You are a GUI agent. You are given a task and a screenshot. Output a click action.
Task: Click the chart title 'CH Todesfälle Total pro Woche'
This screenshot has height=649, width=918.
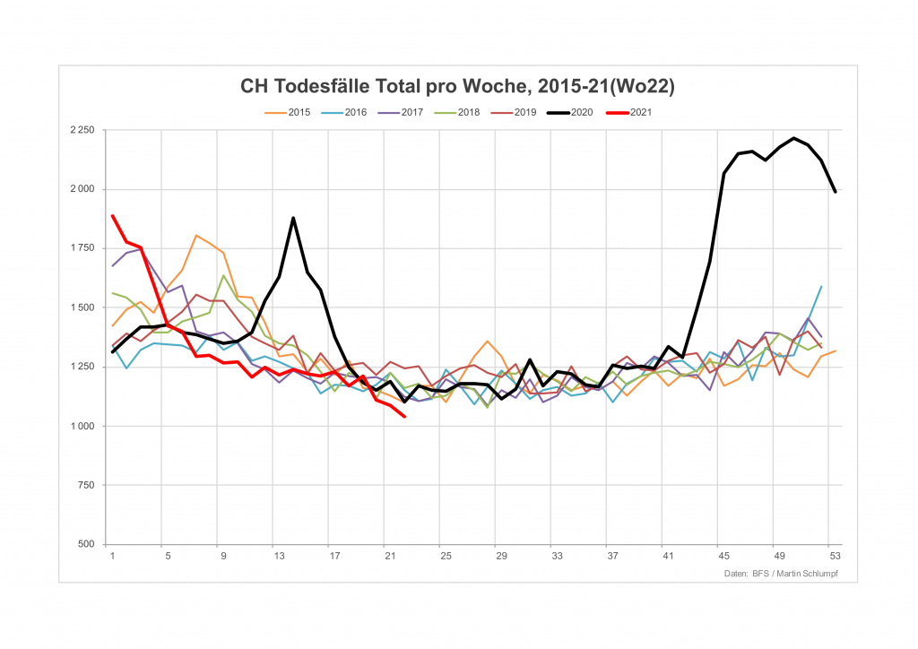click(x=457, y=87)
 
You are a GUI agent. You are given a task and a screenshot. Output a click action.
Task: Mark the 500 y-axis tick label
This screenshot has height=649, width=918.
click(x=86, y=544)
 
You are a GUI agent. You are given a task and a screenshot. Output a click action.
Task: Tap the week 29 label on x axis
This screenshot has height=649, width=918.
click(x=501, y=556)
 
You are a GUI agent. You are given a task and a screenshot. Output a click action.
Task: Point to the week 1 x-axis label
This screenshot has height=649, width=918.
click(x=112, y=556)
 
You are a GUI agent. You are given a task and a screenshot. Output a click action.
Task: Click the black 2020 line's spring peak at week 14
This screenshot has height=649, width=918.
click(x=293, y=218)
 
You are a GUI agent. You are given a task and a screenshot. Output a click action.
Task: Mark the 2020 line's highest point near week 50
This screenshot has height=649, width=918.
click(x=793, y=138)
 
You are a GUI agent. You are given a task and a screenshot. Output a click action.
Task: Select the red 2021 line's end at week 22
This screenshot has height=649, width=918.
click(x=404, y=417)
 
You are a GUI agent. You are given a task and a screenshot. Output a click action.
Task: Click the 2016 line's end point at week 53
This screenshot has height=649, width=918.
click(x=821, y=287)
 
